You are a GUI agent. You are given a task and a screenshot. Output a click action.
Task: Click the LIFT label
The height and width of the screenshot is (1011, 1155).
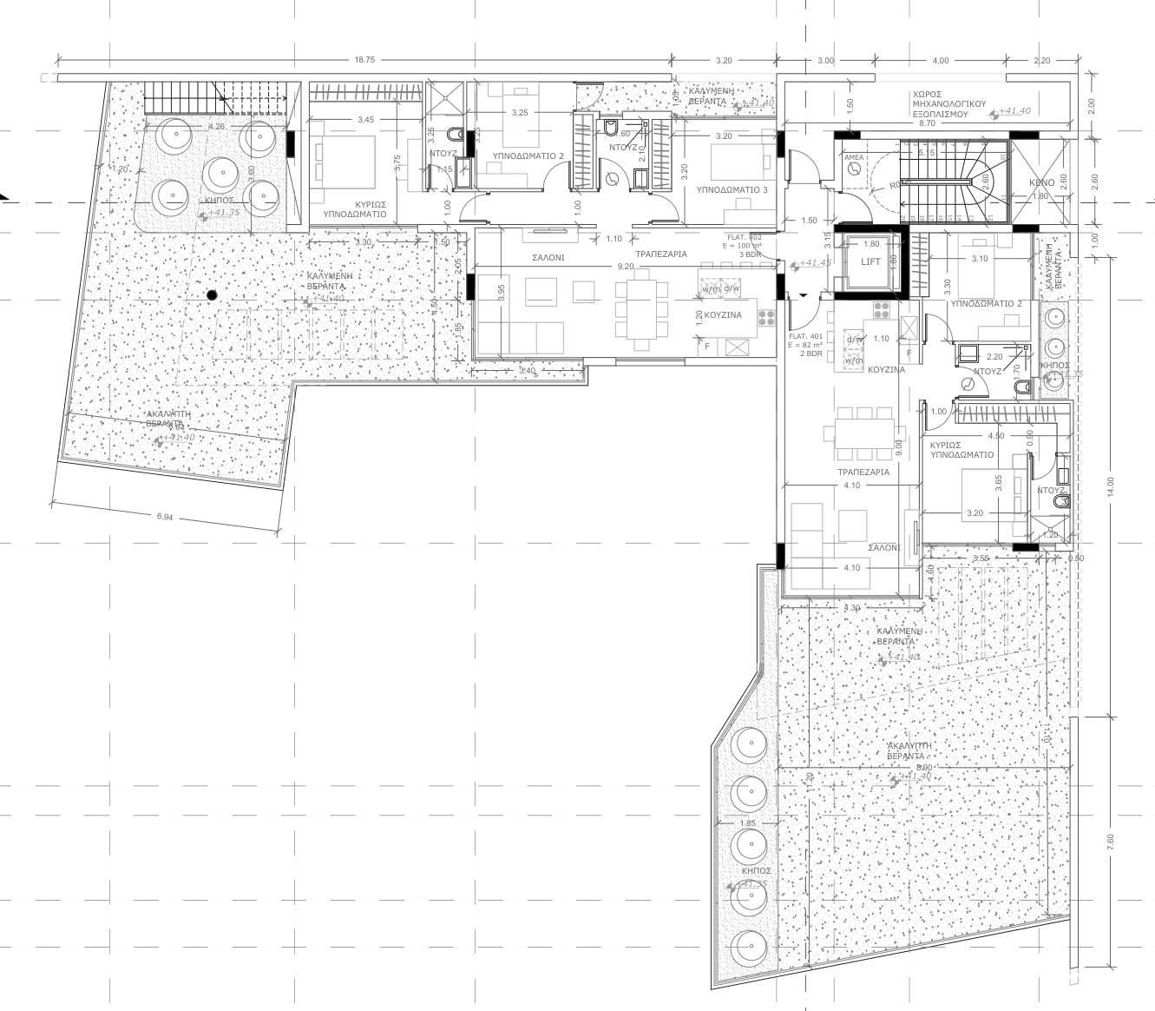coord(870,261)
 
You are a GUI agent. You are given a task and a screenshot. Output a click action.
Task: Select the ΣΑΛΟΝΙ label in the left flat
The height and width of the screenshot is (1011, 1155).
coord(548,258)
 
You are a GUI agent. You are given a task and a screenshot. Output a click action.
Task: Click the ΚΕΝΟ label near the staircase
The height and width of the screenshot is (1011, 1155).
coord(1041,183)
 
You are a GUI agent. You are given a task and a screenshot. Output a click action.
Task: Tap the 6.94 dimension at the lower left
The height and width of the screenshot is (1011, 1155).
coord(165,517)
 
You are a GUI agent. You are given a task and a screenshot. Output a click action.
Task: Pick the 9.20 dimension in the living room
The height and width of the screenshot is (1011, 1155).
coord(625,267)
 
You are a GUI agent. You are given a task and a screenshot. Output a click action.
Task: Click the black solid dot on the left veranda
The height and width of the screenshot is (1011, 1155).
coord(211,295)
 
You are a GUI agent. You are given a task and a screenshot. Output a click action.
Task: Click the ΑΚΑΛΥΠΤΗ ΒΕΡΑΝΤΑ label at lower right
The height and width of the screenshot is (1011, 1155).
coord(909,751)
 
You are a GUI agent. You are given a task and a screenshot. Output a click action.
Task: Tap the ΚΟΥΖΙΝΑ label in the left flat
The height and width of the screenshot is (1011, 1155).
coord(723,314)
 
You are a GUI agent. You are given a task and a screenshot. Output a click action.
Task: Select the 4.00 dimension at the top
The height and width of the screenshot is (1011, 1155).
coord(940,60)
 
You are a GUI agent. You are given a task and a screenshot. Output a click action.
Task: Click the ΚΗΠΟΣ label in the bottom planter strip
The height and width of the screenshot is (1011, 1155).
coord(751,870)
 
